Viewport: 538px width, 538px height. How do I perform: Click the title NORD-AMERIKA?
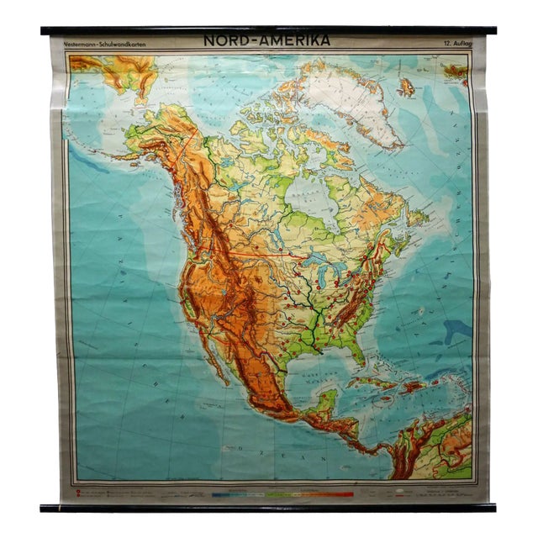coord(266,40)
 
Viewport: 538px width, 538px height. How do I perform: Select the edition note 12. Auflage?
coord(453,43)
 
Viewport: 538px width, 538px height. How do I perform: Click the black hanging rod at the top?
coord(268,30)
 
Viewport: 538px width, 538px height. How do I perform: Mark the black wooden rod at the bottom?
coord(268,508)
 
